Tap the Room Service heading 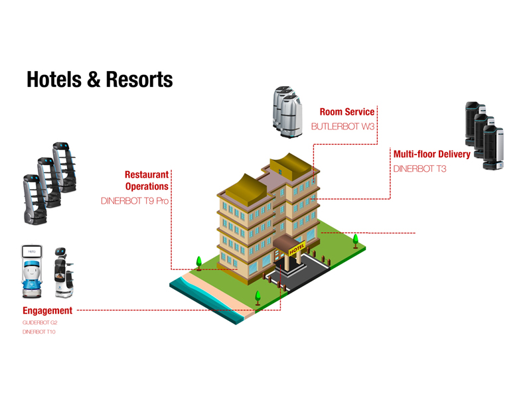(346, 113)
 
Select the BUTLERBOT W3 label (343, 127)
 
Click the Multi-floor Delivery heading (431, 154)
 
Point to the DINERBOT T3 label (419, 168)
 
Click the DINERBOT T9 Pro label (135, 200)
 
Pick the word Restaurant (147, 174)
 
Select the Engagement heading (47, 310)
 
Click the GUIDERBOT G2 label (40, 322)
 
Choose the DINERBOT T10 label (39, 331)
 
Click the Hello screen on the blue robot (32, 252)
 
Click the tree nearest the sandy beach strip (258, 297)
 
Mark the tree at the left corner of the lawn (198, 261)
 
